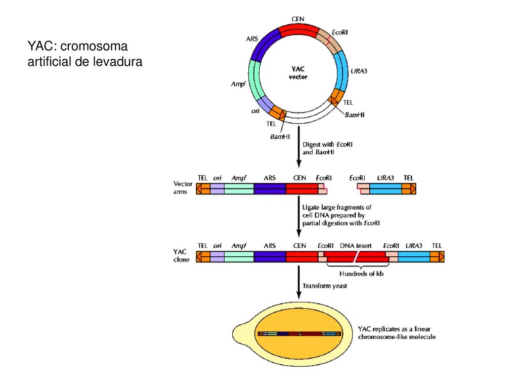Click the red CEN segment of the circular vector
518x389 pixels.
pyautogui.click(x=298, y=30)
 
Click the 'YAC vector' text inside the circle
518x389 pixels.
pyautogui.click(x=298, y=73)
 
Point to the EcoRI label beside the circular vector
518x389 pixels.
pyautogui.click(x=339, y=32)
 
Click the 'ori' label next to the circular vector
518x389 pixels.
pyautogui.click(x=255, y=111)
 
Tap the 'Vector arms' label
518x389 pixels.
pyautogui.click(x=183, y=187)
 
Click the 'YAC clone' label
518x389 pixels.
pyautogui.click(x=182, y=256)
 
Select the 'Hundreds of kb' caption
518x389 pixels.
pyautogui.click(x=361, y=274)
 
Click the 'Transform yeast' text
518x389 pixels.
pyautogui.click(x=325, y=286)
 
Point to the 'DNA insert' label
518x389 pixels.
pyautogui.click(x=356, y=246)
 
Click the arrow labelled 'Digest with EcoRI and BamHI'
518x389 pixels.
pyautogui.click(x=298, y=146)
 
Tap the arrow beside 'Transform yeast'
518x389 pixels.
pyautogui.click(x=298, y=282)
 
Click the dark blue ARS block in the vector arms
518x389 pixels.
pyautogui.click(x=270, y=188)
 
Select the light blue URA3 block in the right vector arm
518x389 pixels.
pyautogui.click(x=385, y=188)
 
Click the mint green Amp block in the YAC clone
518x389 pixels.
pyautogui.click(x=239, y=257)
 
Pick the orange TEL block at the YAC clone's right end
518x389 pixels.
pyautogui.click(x=437, y=257)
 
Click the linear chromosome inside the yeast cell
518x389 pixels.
pyautogui.click(x=299, y=334)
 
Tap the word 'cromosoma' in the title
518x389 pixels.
pyautogui.click(x=94, y=46)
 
